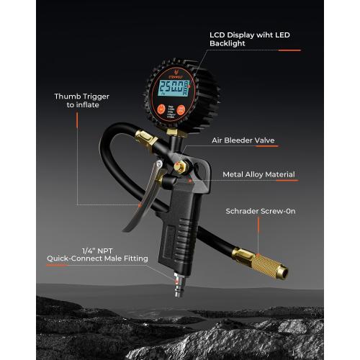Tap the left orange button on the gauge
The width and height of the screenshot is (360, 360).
(x=160, y=112)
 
